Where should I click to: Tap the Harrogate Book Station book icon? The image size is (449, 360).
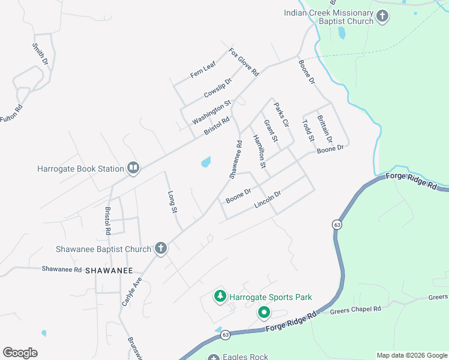point(133,169)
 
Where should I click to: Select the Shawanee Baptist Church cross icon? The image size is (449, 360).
point(160,248)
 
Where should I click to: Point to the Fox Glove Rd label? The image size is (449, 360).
point(244,62)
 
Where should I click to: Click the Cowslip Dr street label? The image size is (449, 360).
point(217,88)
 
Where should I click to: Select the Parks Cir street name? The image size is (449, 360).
point(282,114)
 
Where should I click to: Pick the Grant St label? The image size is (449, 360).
point(271,131)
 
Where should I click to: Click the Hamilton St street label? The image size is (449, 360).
point(259,150)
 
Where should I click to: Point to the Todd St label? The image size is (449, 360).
point(308,131)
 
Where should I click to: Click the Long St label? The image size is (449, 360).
point(172,202)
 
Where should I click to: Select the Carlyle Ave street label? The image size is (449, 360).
point(132,292)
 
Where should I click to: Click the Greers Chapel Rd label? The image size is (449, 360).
point(355,310)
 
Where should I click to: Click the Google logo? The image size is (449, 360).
point(20,353)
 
